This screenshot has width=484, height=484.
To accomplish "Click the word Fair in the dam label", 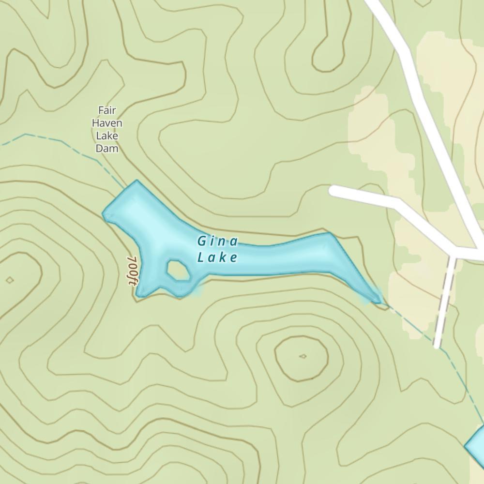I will coord(106,110).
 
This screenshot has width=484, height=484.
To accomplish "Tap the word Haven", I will coord(106,123).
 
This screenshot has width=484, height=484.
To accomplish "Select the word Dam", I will coord(106,148).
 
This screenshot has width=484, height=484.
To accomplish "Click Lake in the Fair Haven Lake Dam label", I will coord(106,136).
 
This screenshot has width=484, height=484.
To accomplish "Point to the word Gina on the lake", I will coord(218,241).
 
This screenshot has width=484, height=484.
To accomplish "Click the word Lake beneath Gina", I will coord(218,257).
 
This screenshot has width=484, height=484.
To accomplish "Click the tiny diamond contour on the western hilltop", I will coord(10,280).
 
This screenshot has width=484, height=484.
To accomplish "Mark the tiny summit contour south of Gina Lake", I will coord(303,356).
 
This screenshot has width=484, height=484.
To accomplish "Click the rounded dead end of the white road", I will coord(334,190).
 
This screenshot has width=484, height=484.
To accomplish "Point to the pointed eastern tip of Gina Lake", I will coord(378,301).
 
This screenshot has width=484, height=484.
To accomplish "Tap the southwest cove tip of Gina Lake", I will coord(139,294).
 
